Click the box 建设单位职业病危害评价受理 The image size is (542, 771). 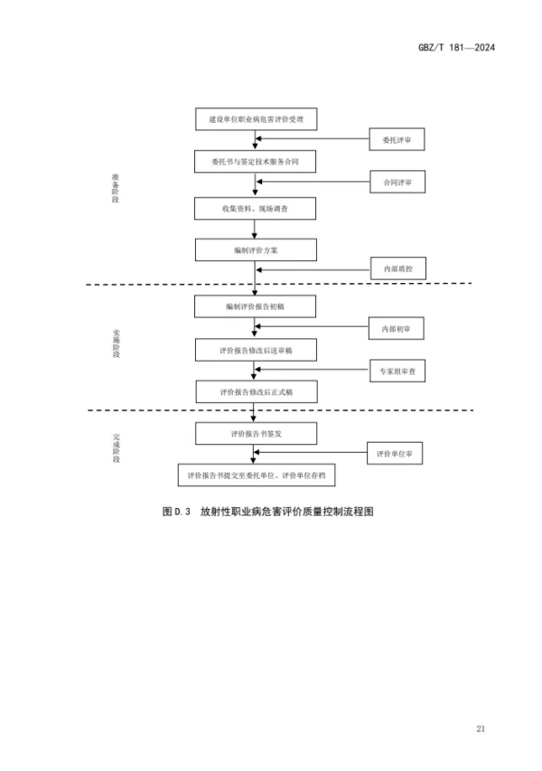point(256,118)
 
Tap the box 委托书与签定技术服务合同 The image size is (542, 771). point(256,162)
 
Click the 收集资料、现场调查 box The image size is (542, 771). point(256,208)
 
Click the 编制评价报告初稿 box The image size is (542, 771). point(256,307)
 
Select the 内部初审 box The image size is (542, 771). point(395,328)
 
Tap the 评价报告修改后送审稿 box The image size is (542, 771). point(256,350)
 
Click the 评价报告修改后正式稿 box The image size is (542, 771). point(256,391)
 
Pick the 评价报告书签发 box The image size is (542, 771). point(256,433)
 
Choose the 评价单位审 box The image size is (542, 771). point(395,454)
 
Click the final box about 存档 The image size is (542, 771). point(256,475)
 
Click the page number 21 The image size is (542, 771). point(480,729)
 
